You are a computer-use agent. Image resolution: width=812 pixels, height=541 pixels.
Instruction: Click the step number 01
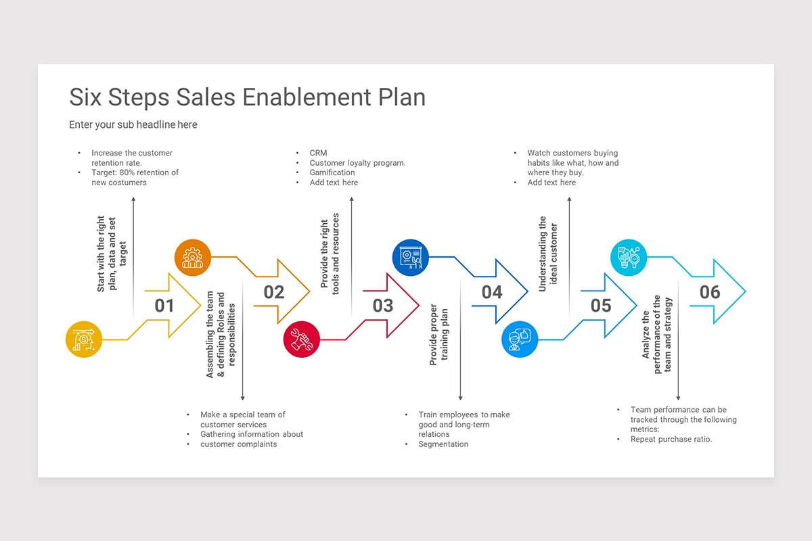164,306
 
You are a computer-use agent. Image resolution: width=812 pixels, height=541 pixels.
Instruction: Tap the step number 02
274,292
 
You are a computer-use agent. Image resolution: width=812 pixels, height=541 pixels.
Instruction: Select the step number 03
383,306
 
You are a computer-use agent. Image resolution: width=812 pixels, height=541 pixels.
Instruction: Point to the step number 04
492,292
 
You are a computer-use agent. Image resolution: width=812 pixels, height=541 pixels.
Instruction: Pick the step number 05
601,306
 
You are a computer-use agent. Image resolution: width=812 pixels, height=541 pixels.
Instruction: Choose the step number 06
710,292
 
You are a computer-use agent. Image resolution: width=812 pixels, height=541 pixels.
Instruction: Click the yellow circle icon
84,339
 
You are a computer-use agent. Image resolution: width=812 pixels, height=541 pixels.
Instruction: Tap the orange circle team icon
193,258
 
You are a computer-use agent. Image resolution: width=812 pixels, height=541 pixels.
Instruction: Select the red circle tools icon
302,339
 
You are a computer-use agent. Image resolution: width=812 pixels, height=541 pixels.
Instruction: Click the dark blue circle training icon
411,258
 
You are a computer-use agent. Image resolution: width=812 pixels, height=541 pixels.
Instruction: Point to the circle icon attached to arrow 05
520,339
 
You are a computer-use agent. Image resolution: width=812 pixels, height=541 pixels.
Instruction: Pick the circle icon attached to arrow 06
629,258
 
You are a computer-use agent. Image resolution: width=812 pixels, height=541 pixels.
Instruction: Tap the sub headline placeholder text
133,124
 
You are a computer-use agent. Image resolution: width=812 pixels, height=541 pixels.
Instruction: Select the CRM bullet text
318,154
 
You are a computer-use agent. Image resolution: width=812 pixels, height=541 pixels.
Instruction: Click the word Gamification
332,172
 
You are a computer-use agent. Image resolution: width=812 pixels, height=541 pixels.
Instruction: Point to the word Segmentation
443,444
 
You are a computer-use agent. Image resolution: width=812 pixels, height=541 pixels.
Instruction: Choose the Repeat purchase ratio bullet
671,440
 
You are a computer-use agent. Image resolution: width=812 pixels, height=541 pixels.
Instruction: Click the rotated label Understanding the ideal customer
547,254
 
